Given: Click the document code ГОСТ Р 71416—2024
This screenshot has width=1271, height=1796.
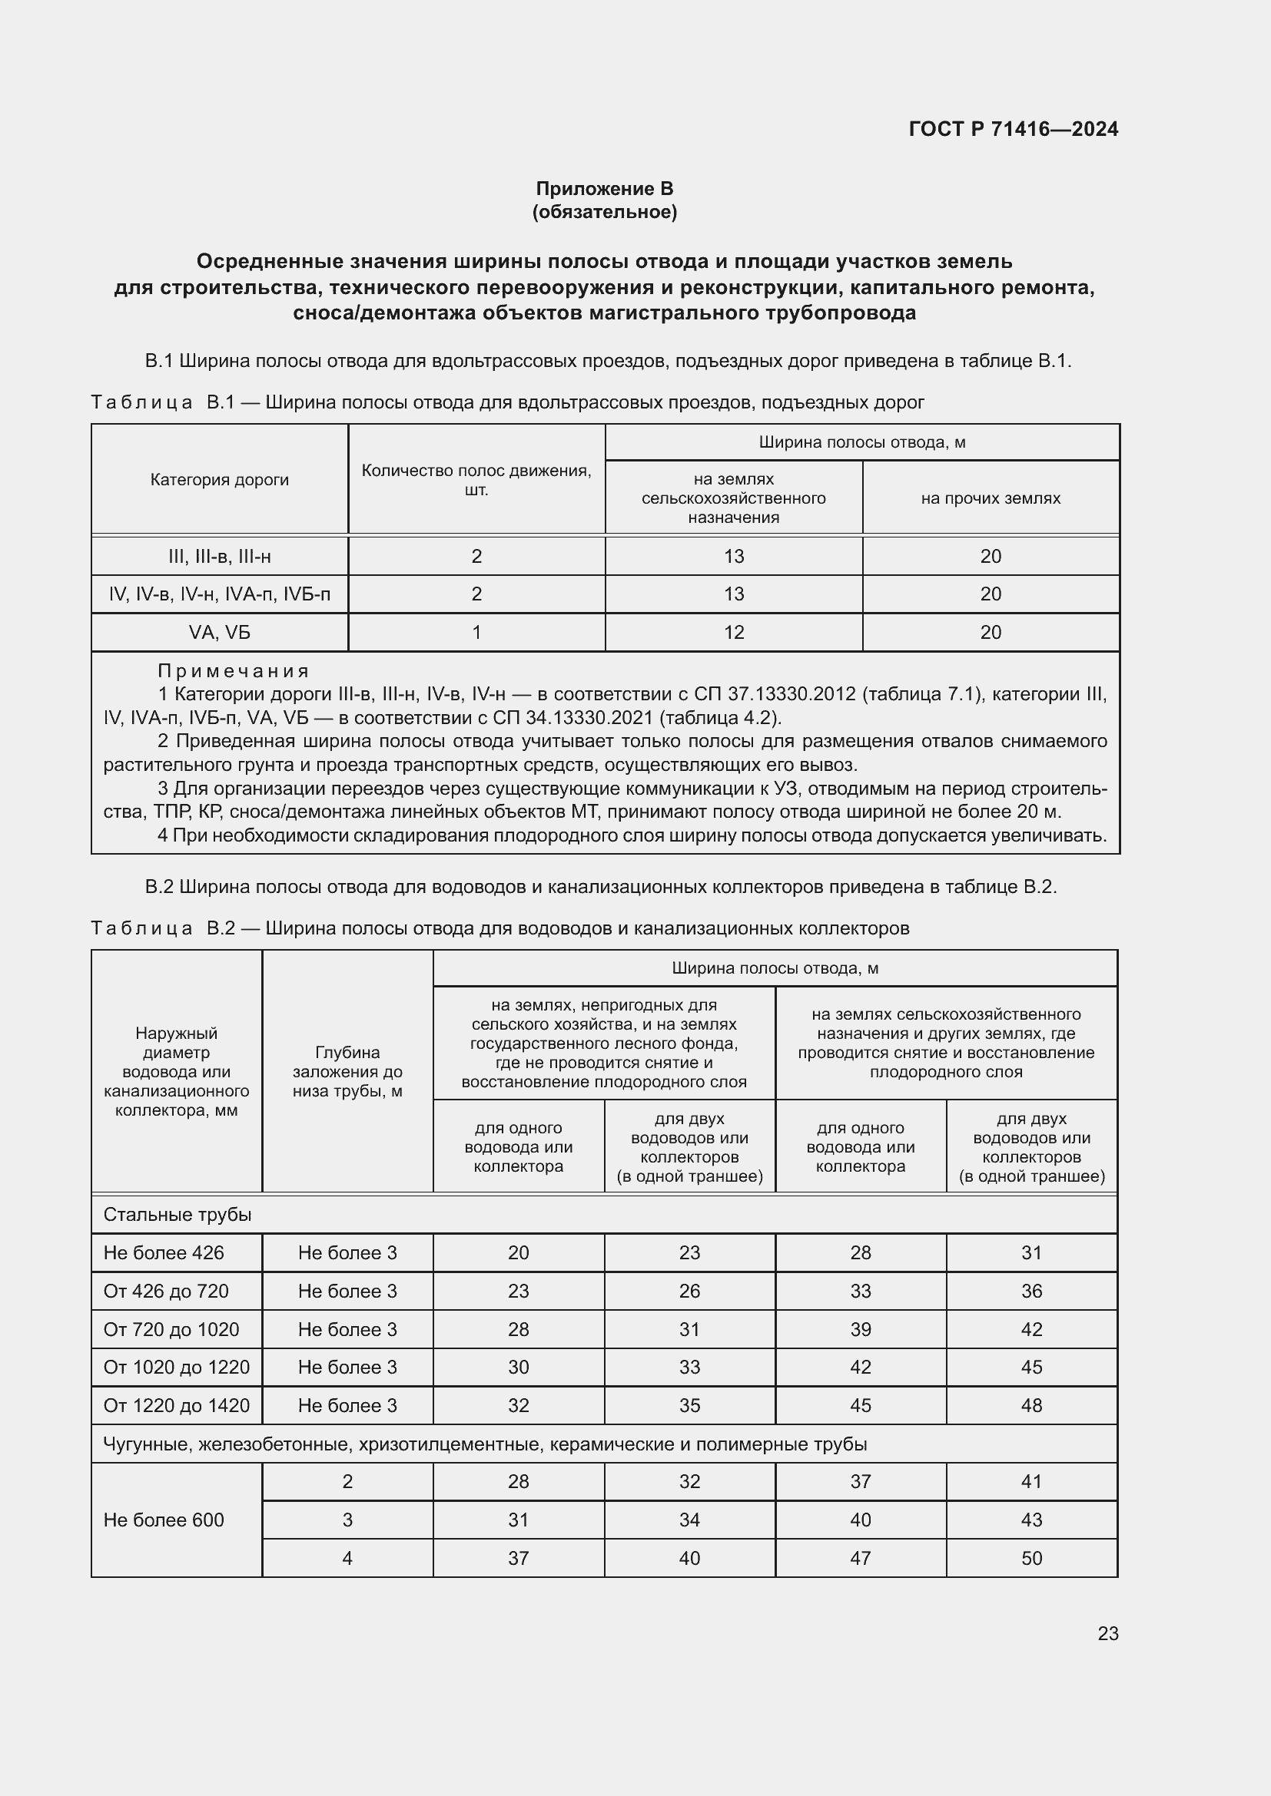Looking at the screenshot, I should tap(1013, 129).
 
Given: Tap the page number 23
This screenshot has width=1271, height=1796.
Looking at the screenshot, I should tap(1107, 1633).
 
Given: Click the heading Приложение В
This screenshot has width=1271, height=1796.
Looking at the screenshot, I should tap(604, 189).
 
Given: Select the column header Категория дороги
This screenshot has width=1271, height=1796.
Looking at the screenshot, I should tap(219, 479).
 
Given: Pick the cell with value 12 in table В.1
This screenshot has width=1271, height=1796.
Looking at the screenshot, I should tap(733, 632).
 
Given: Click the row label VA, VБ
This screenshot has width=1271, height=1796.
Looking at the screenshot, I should tap(219, 632).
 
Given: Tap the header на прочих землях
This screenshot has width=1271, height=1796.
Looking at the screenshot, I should tap(990, 498).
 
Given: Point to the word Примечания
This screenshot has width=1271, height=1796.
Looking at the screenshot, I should tap(234, 671).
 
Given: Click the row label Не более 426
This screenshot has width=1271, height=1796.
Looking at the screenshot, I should tap(164, 1252).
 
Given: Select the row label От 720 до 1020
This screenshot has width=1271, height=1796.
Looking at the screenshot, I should tap(171, 1329).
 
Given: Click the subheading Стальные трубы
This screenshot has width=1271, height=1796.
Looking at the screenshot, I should tap(178, 1215).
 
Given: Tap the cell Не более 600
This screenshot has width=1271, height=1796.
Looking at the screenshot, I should tap(164, 1520).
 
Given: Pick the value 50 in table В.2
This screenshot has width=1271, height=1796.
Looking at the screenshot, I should tap(1030, 1558).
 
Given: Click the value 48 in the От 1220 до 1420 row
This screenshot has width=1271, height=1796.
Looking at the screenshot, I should tap(1030, 1406).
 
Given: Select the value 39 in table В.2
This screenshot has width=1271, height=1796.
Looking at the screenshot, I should tap(860, 1329).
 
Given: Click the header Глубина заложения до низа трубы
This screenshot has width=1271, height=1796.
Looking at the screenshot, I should tap(347, 1071).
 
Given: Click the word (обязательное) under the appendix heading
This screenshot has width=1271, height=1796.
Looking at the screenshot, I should tap(604, 212).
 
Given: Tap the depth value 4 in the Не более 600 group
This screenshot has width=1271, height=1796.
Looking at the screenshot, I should tap(347, 1558).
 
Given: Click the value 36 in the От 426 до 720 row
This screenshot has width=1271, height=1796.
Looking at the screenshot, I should tap(1030, 1291).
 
